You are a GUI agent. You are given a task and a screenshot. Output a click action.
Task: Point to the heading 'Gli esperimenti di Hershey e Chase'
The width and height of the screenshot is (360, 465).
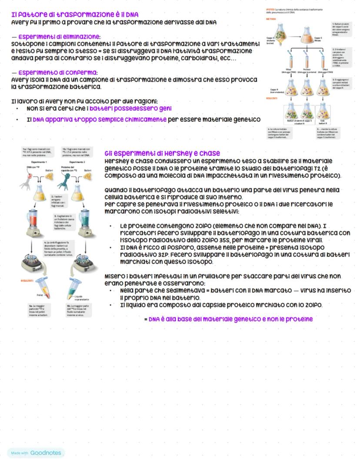pos(162,153)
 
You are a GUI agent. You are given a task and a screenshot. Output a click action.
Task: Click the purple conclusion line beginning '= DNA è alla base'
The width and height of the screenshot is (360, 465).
pos(228,319)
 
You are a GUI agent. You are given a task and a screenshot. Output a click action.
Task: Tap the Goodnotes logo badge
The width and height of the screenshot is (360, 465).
pos(36,453)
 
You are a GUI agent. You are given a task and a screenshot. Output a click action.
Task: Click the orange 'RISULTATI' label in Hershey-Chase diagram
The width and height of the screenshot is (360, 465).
pos(27,280)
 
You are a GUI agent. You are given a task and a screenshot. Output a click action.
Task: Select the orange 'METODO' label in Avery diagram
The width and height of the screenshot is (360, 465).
pos(271,19)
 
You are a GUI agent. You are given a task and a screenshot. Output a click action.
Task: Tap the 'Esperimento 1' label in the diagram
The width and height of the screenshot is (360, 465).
pos(36,162)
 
